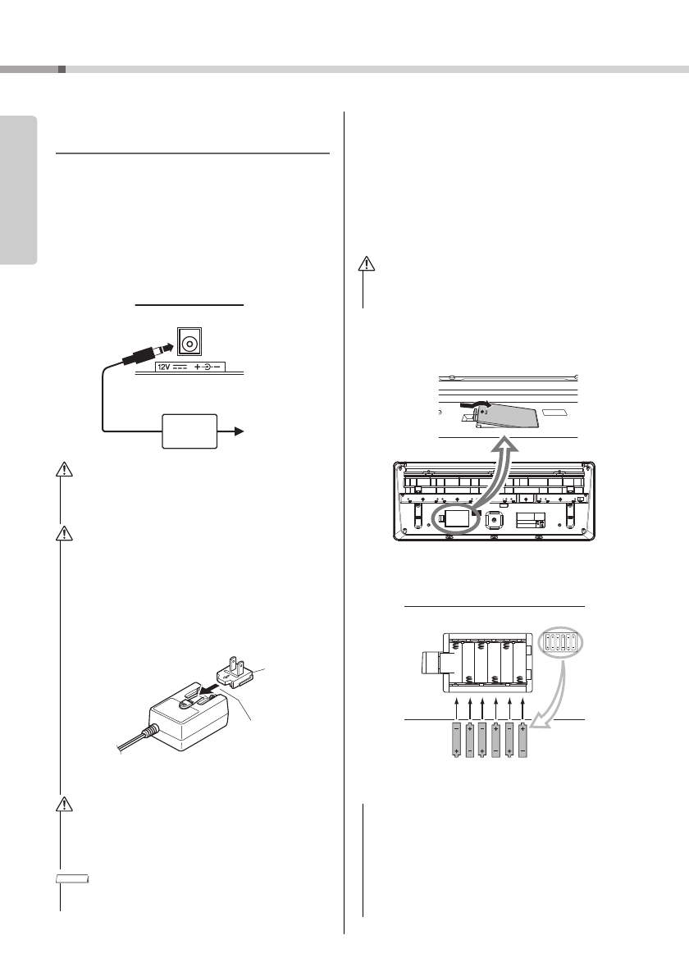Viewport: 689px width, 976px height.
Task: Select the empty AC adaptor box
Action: coord(190,430)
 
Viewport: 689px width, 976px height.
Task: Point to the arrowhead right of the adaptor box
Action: coord(239,429)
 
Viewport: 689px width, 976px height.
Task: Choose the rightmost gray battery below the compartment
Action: coord(522,741)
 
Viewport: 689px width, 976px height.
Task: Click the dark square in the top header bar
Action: coord(62,70)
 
